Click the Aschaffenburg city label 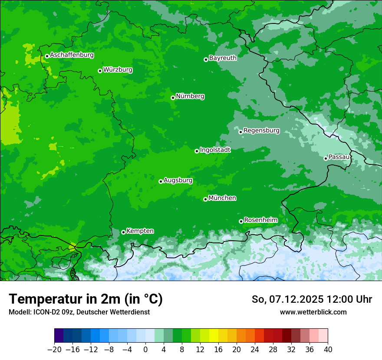click(x=72, y=55)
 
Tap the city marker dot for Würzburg click(x=100, y=71)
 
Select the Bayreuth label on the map click(x=223, y=58)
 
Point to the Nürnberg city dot click(x=173, y=98)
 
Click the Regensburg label click(x=261, y=130)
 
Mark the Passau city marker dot click(x=326, y=158)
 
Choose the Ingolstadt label click(x=215, y=150)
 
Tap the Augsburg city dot click(x=161, y=181)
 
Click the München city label click(x=222, y=198)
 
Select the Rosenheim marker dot click(x=241, y=221)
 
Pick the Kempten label click(x=140, y=231)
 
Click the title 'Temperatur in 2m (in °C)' click(x=86, y=299)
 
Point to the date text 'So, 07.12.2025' click(x=287, y=299)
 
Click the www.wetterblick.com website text click(x=313, y=312)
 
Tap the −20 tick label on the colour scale click(x=54, y=350)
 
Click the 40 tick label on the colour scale click(x=328, y=350)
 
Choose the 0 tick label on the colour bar click(x=145, y=350)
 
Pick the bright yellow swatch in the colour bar click(x=214, y=336)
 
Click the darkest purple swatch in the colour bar click(x=59, y=336)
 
